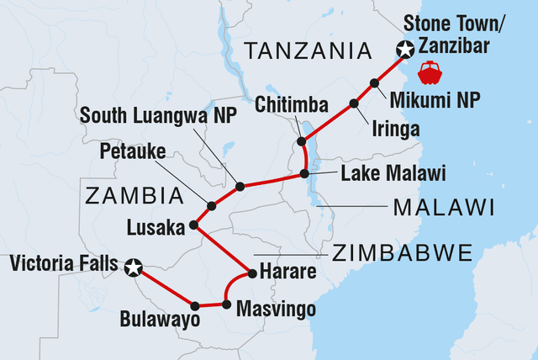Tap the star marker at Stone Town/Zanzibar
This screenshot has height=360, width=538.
[406, 51]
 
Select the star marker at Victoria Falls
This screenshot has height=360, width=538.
[132, 268]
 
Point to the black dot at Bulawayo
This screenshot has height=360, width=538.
[194, 305]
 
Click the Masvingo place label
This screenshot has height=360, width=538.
[277, 310]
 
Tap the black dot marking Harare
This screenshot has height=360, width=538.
[251, 273]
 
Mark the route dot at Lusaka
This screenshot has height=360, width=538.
[194, 225]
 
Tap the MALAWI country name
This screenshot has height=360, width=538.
[445, 207]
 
